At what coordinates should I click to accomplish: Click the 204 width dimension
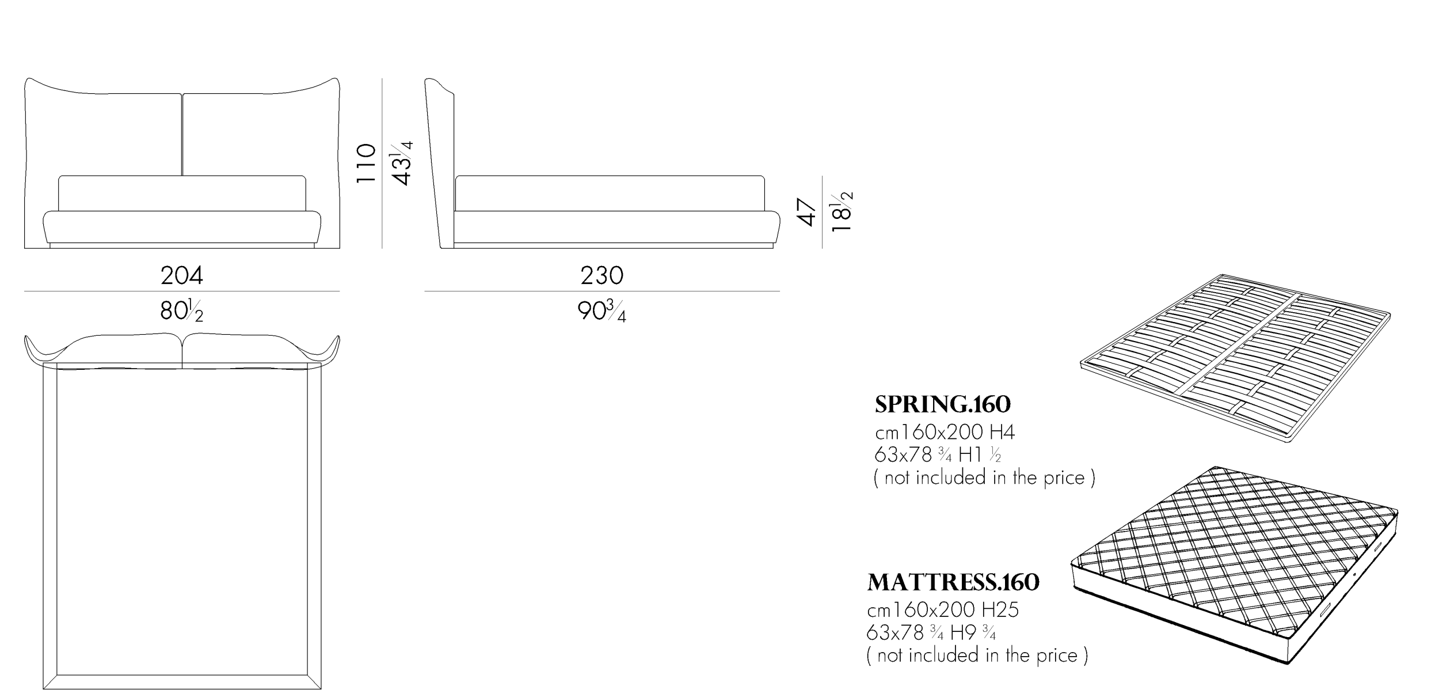pos(182,276)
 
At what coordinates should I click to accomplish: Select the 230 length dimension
pos(602,276)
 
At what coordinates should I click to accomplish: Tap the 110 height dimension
pos(367,164)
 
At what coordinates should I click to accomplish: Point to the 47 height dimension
pos(808,212)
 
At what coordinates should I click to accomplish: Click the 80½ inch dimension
pos(182,312)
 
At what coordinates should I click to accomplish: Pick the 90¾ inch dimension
pos(602,312)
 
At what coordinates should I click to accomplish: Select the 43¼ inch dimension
pos(402,163)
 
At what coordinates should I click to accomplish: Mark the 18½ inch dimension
pos(842,211)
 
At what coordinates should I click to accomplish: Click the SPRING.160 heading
pos(943,404)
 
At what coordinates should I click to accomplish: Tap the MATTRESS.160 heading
pos(954,582)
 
